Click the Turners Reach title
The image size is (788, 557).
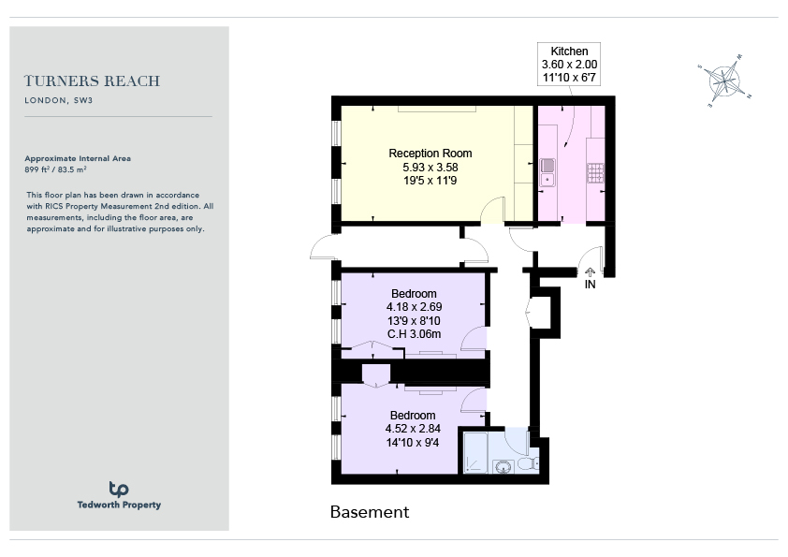click(92, 81)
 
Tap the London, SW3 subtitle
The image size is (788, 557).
click(58, 100)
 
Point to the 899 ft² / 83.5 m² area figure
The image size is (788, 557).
click(55, 169)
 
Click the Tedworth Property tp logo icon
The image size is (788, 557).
click(119, 489)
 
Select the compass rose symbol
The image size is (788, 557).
click(724, 81)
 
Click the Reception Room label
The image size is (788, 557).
click(430, 154)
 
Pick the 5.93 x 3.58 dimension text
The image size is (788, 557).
click(430, 167)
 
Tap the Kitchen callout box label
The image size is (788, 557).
click(569, 51)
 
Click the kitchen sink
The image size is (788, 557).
click(547, 172)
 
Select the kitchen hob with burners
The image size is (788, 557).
click(595, 173)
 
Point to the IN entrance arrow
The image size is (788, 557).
click(590, 272)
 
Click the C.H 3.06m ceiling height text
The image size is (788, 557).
click(414, 334)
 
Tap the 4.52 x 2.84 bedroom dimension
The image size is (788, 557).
click(413, 429)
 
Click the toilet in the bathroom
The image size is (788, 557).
click(528, 464)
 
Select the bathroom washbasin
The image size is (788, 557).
click(503, 467)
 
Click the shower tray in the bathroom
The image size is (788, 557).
click(474, 452)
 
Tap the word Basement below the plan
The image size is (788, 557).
click(370, 512)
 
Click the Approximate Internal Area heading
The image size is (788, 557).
click(78, 158)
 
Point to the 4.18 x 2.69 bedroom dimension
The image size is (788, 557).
click(414, 307)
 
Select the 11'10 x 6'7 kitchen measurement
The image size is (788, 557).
click(569, 78)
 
